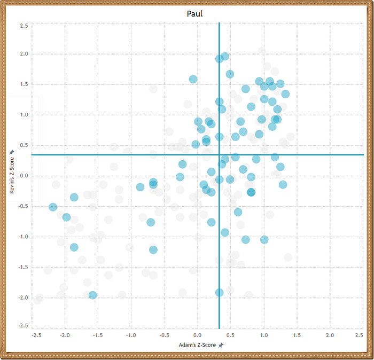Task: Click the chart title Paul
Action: tap(194, 13)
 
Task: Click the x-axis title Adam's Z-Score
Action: tap(197, 345)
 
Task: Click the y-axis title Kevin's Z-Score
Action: tap(12, 175)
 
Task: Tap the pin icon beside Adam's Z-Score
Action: tap(221, 345)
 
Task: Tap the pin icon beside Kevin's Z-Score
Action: tap(12, 152)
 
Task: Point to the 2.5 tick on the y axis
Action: tap(24, 26)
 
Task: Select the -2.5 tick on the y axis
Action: tap(23, 326)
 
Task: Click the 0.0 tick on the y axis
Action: tap(24, 176)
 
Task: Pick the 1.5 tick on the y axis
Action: tap(24, 84)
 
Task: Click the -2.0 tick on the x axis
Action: tap(65, 335)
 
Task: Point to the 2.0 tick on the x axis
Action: tap(330, 335)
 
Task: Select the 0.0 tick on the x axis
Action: tap(197, 335)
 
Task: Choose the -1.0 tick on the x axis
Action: tap(131, 335)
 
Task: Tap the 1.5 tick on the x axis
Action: tap(297, 335)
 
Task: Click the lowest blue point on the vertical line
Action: tap(219, 293)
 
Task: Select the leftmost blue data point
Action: tap(53, 207)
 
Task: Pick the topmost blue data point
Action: tap(225, 57)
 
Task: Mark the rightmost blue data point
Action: tap(285, 94)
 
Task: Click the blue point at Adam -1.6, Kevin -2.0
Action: tap(92, 295)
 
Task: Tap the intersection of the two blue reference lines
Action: tap(219, 155)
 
